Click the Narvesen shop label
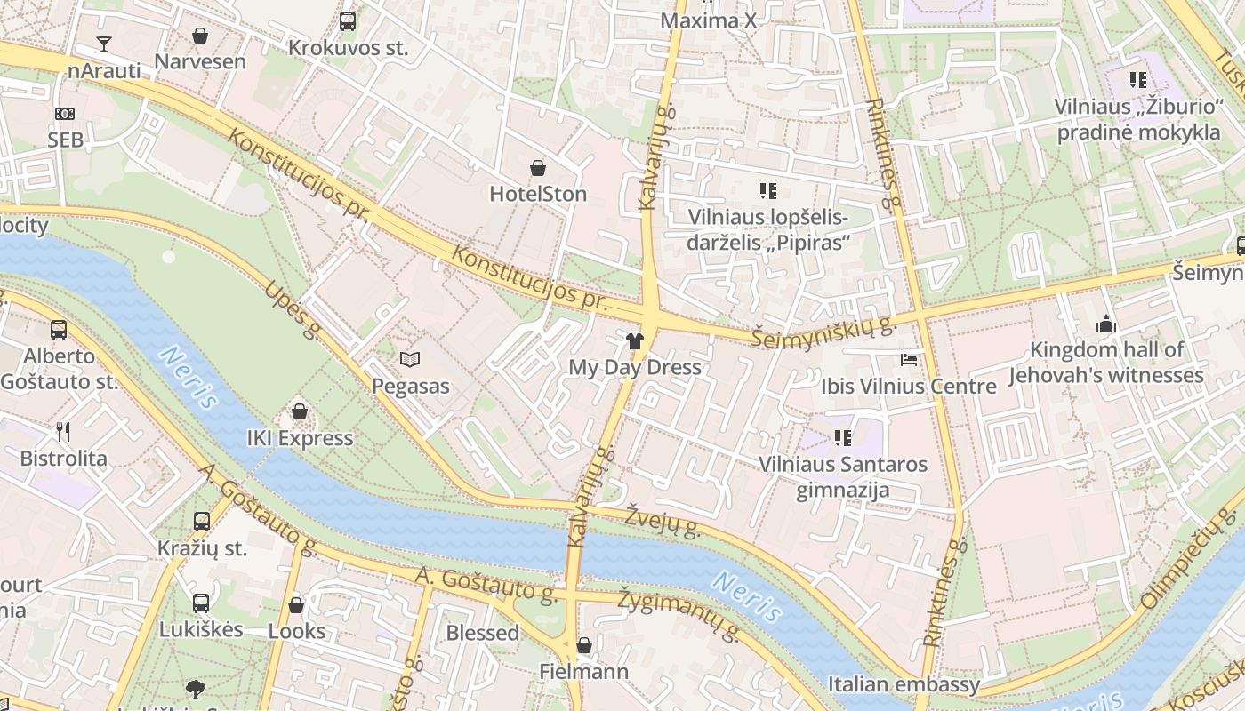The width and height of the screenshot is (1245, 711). click(200, 61)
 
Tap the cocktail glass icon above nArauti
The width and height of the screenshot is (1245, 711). click(104, 44)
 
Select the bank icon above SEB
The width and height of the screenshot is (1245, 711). click(65, 114)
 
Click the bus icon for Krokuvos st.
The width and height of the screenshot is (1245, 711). click(348, 21)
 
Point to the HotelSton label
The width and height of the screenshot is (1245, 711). click(538, 194)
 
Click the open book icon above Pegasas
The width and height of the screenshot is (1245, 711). click(409, 360)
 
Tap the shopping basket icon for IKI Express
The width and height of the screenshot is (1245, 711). click(300, 412)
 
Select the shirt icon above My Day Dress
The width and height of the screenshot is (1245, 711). click(634, 340)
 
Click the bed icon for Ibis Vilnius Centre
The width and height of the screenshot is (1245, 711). click(908, 360)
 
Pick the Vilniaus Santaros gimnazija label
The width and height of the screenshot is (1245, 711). click(842, 477)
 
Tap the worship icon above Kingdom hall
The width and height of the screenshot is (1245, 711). click(1106, 324)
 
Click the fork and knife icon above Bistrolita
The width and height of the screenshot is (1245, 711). click(63, 432)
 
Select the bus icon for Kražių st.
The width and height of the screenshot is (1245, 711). click(202, 522)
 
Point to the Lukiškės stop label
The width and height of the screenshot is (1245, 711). click(201, 630)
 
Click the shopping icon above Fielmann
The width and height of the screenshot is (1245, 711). click(584, 645)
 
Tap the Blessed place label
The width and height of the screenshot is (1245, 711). click(482, 633)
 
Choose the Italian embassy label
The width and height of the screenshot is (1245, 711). click(904, 684)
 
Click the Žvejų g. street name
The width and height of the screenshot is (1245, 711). click(663, 523)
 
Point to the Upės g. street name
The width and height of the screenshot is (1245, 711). click(292, 311)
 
